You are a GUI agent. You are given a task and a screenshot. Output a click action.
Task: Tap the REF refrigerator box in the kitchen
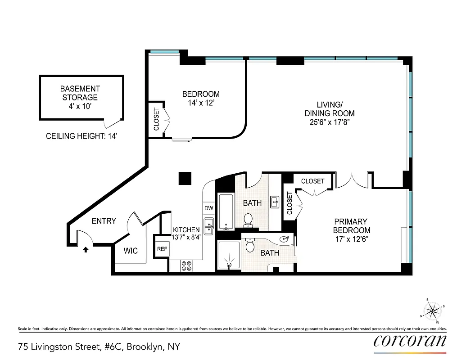click(x=162, y=249)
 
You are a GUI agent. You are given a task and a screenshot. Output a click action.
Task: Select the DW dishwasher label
click(x=208, y=208)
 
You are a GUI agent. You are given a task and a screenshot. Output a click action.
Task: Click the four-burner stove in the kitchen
click(x=186, y=266)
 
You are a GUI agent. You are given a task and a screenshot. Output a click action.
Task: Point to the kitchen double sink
click(x=209, y=226)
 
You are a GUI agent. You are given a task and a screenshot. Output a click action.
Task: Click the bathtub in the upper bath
click(x=225, y=211)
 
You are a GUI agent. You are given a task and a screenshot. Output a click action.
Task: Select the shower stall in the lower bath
click(x=229, y=256)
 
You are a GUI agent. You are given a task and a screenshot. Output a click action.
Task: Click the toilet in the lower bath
click(x=251, y=245)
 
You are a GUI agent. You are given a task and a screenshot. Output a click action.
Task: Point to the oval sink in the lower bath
click(x=284, y=239)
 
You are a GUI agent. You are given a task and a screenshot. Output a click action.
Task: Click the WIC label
click(x=131, y=251)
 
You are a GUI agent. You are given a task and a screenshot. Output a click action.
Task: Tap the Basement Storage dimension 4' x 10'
click(x=81, y=106)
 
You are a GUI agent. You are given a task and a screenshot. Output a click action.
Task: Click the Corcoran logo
click(x=410, y=341)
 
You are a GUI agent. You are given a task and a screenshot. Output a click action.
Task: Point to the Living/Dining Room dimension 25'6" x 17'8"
click(x=329, y=122)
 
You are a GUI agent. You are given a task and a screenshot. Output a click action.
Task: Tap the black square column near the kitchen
click(x=185, y=178)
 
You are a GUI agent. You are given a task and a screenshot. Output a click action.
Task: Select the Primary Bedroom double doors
click(x=352, y=180)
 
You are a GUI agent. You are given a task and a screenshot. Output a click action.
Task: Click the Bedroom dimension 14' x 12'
click(x=201, y=103)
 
